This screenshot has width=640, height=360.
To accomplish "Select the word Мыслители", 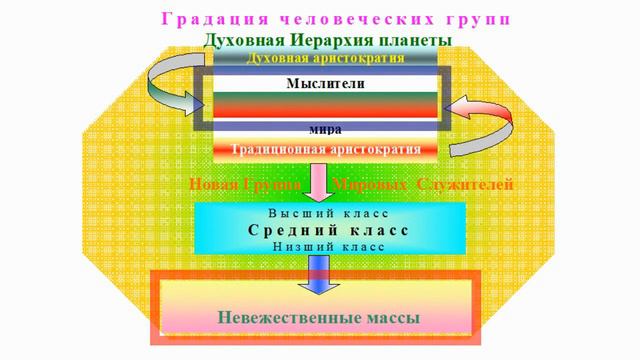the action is (x=325, y=84).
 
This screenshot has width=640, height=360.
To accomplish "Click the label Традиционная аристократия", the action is (x=325, y=151).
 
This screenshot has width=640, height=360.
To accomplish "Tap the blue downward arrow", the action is (x=320, y=270).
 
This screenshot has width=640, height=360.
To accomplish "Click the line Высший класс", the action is (x=327, y=213).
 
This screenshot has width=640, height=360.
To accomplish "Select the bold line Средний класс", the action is (x=327, y=229).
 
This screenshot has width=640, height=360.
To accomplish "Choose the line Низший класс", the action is (x=327, y=245).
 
